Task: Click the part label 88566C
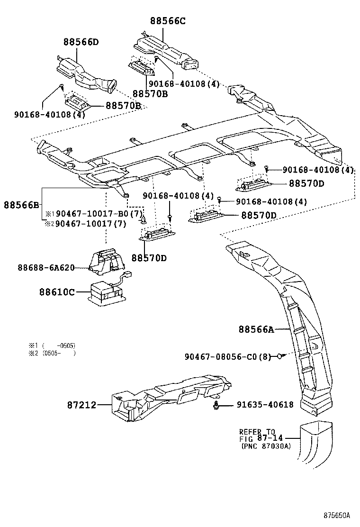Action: (168, 21)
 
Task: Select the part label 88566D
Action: (81, 42)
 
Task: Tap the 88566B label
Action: (22, 205)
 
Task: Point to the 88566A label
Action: (256, 329)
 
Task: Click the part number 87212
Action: (81, 405)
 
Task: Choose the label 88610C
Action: (57, 291)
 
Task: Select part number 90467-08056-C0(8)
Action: (227, 356)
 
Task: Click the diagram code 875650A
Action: (337, 515)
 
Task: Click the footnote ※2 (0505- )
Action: (52, 353)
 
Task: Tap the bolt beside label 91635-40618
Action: (217, 405)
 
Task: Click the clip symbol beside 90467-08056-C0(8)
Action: (280, 356)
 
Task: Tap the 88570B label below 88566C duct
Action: (150, 93)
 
